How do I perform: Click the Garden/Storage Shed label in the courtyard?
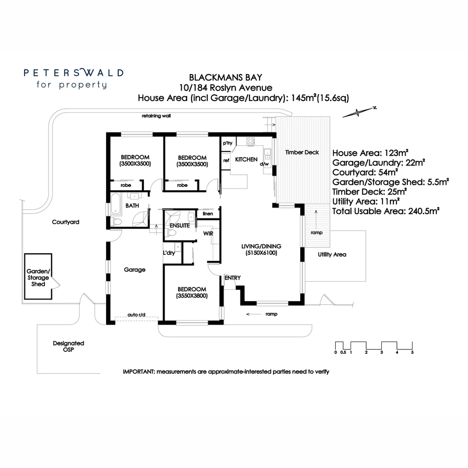pos(38,278)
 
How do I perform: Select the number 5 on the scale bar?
pos(412,352)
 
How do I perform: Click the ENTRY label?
pos(233,278)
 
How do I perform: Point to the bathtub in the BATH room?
pos(116,204)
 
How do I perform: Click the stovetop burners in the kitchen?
pos(250,141)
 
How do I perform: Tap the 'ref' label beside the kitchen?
pos(226,160)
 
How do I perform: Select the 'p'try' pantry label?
pos(228,143)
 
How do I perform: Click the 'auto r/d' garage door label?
pos(136,315)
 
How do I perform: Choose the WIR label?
pos(208,234)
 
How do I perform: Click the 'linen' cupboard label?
pos(208,214)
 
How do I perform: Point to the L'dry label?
pos(169,253)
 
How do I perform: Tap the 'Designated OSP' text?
pos(68,346)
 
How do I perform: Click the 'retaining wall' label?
pos(156,116)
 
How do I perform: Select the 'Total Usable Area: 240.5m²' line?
pos(386,211)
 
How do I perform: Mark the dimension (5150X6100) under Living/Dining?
pos(261,253)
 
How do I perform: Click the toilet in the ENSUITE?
pos(171,233)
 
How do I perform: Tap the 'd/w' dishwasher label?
pos(264,164)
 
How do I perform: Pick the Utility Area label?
pos(332,255)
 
